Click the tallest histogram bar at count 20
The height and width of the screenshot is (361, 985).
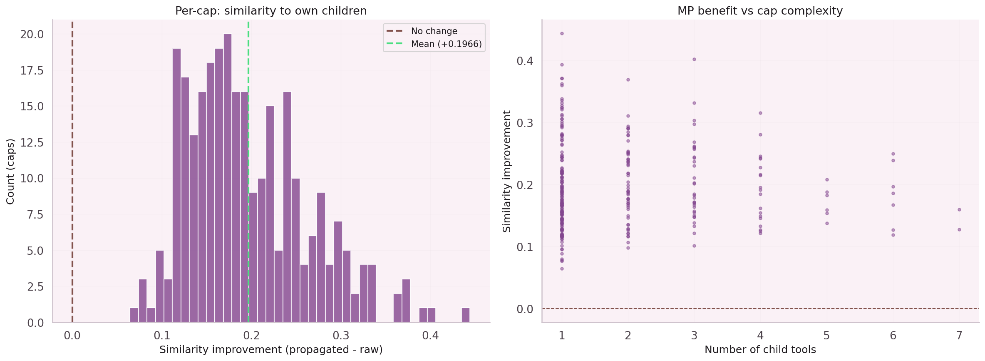tap(228, 179)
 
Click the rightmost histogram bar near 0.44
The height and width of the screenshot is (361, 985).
tap(466, 315)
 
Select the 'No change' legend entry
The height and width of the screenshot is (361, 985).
tap(434, 31)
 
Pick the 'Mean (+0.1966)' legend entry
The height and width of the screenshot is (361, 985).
tap(446, 44)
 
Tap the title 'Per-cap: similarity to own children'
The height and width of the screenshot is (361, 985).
tap(271, 11)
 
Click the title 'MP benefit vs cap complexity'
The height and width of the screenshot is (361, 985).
tap(760, 11)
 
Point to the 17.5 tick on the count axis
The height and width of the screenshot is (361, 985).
tap(32, 71)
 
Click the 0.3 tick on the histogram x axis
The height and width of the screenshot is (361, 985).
tap(341, 336)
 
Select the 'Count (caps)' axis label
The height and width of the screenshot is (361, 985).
tap(10, 172)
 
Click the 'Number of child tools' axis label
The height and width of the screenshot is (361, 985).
tap(760, 350)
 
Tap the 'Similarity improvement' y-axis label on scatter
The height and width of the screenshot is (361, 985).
tap(506, 172)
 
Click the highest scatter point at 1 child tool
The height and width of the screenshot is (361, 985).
tap(562, 33)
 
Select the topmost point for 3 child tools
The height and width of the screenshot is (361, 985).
tap(694, 59)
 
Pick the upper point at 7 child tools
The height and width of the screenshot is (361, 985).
tap(959, 209)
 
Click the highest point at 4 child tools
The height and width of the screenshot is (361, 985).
tap(760, 113)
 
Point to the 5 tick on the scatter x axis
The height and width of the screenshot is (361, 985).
tap(826, 336)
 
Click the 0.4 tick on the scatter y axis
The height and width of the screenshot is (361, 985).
tap(524, 61)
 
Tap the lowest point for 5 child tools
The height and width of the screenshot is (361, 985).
tap(827, 223)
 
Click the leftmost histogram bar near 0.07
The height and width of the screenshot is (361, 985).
tap(134, 315)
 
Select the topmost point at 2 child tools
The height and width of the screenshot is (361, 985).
tap(628, 80)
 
